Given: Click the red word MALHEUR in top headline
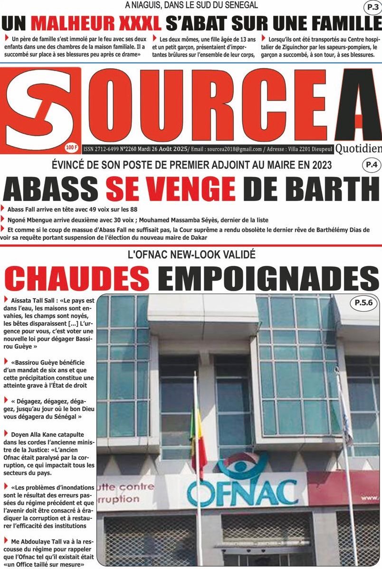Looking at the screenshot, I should click(95, 23).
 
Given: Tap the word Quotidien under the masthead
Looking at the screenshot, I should click(358, 149).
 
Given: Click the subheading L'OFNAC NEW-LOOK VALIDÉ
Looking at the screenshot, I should click(191, 255).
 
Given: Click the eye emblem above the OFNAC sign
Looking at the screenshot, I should click(243, 467).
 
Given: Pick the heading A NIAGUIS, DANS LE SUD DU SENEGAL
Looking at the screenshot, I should click(191, 6).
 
